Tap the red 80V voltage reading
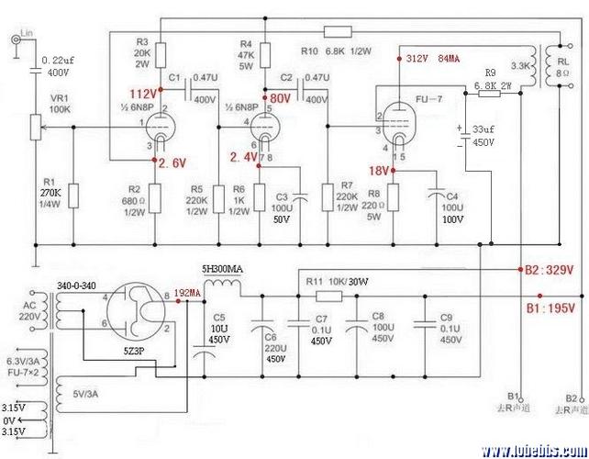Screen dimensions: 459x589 pyautogui.click(x=279, y=97)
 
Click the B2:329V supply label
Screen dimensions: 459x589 pyautogui.click(x=548, y=270)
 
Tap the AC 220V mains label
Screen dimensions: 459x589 pyautogui.click(x=30, y=310)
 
